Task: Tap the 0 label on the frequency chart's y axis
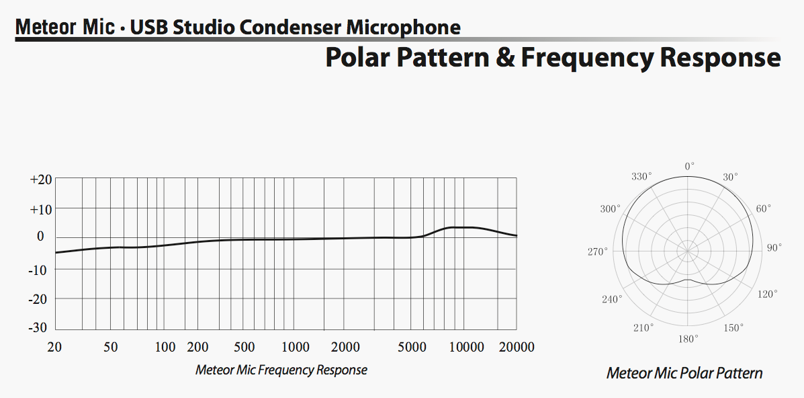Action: click(40, 237)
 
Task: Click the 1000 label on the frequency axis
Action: click(296, 348)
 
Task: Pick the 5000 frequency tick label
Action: click(412, 348)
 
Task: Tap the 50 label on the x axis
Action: click(111, 348)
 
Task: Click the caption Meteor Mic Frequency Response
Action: click(281, 370)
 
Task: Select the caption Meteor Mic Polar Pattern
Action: click(684, 373)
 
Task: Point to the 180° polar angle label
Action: click(688, 339)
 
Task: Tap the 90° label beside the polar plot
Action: click(774, 248)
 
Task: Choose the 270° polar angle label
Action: click(597, 251)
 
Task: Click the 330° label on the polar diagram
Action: click(641, 177)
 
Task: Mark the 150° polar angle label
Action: click(733, 327)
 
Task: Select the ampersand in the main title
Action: click(505, 58)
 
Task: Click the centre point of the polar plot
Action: click(688, 251)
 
